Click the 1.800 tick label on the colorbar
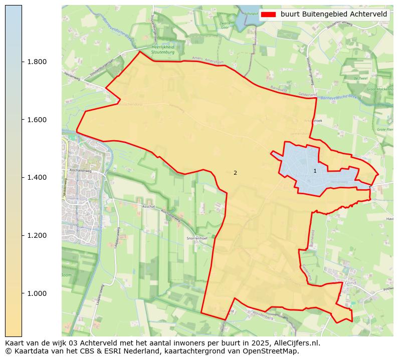(37, 62)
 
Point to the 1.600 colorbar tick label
(37, 120)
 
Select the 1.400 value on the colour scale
(37, 178)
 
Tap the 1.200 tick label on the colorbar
(37, 235)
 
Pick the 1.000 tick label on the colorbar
(37, 293)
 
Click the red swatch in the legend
(268, 15)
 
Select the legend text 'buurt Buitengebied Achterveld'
(333, 15)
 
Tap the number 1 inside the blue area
(315, 171)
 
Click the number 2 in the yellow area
(235, 173)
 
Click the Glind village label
(350, 283)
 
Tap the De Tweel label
(361, 79)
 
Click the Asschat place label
(149, 206)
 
